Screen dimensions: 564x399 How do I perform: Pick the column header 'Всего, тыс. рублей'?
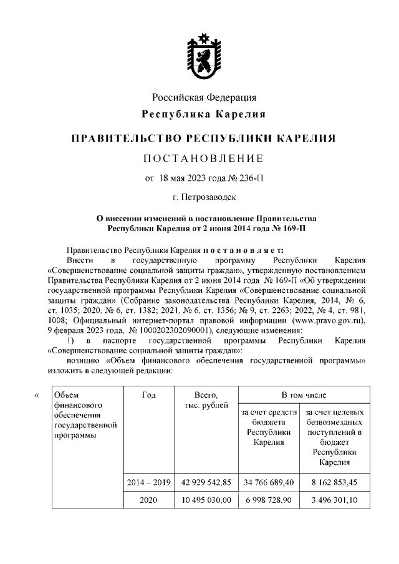pos(205,401)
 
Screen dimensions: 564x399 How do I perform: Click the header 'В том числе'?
pos(303,395)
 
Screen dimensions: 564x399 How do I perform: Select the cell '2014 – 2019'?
pos(148,482)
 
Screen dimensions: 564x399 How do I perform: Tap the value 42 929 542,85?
pos(206,482)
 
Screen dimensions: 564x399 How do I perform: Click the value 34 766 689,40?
pos(269,482)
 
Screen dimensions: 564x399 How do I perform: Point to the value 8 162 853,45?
pos(334,482)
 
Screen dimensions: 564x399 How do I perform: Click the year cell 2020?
pos(148,500)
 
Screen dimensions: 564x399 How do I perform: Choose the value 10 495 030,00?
pos(206,500)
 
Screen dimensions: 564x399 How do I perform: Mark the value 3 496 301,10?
pos(334,500)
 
